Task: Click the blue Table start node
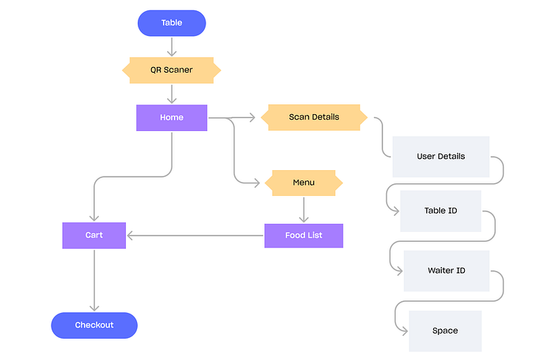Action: pyautogui.click(x=172, y=23)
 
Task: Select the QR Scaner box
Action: pyautogui.click(x=171, y=70)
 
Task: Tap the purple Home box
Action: pyautogui.click(x=172, y=117)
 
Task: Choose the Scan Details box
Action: pyautogui.click(x=314, y=117)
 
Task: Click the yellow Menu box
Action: pyautogui.click(x=304, y=183)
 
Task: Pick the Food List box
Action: pyautogui.click(x=304, y=236)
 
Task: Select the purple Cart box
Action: pyautogui.click(x=94, y=236)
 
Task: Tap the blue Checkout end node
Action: pyautogui.click(x=94, y=325)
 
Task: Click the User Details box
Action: pyautogui.click(x=441, y=157)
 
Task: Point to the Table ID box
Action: pyautogui.click(x=441, y=211)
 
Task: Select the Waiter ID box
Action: pyautogui.click(x=446, y=271)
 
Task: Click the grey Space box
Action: pyautogui.click(x=445, y=331)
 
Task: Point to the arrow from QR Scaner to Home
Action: pyautogui.click(x=172, y=93)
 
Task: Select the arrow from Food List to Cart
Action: pyautogui.click(x=195, y=236)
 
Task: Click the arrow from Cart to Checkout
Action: pyautogui.click(x=94, y=280)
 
